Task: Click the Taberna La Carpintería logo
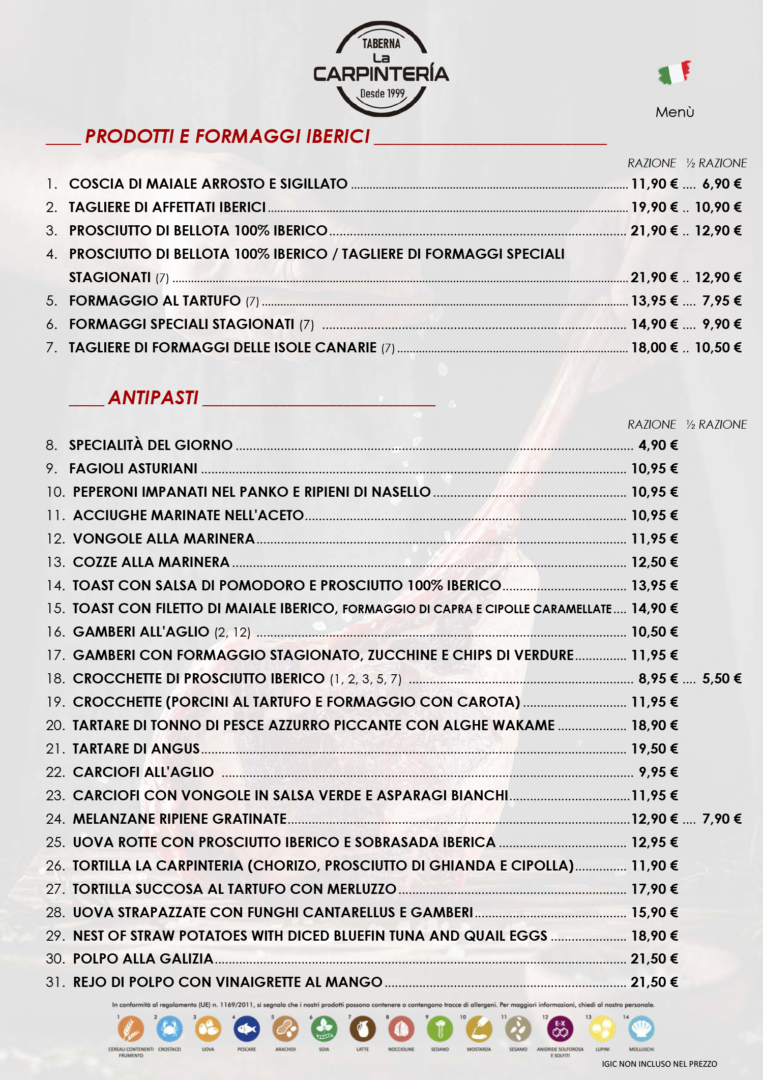381,69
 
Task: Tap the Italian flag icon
674,73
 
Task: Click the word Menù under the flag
674,112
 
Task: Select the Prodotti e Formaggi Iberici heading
227,136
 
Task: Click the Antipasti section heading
153,398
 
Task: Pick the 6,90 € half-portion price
721,184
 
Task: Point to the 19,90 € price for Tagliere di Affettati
654,207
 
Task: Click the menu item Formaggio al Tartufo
155,301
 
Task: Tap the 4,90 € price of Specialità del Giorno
658,445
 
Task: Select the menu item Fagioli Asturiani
133,469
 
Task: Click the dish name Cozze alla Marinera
151,562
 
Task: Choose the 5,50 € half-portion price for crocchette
721,679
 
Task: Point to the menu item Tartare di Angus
136,749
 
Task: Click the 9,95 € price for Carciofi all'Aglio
658,772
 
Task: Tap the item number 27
55,889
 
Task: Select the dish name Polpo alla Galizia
143,959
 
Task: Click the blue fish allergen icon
247,1029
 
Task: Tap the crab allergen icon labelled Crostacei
169,1029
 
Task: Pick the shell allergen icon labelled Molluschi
641,1029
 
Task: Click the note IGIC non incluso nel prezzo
659,1064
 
